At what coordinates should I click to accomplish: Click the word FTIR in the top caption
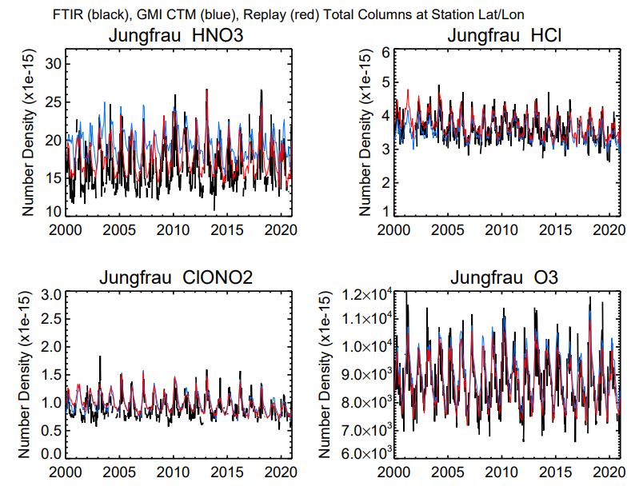70,12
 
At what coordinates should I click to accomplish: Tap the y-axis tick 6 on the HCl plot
385,52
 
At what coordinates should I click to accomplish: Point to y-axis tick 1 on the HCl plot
385,212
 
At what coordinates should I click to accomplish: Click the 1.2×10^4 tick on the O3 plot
365,295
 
